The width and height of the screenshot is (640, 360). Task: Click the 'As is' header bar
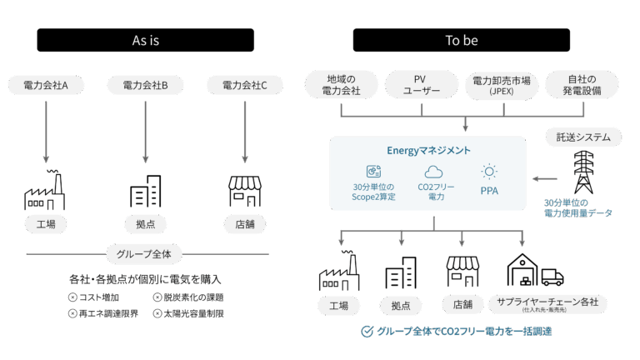pyautogui.click(x=146, y=40)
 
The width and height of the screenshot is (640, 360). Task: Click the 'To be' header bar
pyautogui.click(x=461, y=40)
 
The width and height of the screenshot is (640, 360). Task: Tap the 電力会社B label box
pyautogui.click(x=145, y=85)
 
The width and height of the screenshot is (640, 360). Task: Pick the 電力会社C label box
pyautogui.click(x=244, y=85)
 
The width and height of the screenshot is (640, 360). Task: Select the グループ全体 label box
pyautogui.click(x=145, y=253)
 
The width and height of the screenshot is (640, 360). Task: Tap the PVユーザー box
pyautogui.click(x=420, y=85)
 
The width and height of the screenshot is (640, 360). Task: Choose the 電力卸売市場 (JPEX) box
pyautogui.click(x=501, y=85)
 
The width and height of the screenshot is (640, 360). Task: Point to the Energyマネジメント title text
pyautogui.click(x=428, y=151)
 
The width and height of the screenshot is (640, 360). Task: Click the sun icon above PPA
pyautogui.click(x=489, y=172)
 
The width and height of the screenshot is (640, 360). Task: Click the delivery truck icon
pyautogui.click(x=552, y=276)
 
